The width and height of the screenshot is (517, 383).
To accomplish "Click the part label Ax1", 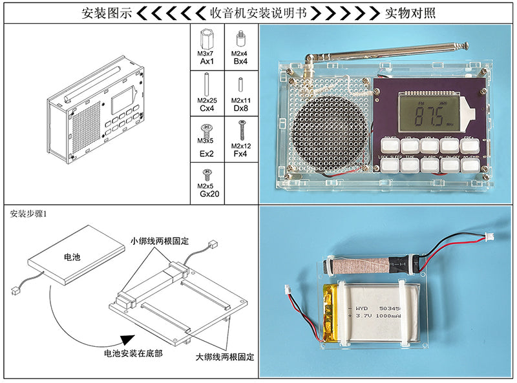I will pyautogui.click(x=207, y=62).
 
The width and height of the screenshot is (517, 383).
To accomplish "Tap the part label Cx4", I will pyautogui.click(x=207, y=109).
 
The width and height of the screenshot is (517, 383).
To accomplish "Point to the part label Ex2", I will pyautogui.click(x=207, y=154).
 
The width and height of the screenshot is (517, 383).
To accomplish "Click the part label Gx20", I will pyautogui.click(x=207, y=194).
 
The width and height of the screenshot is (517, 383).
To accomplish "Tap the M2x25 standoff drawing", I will pyautogui.click(x=207, y=84).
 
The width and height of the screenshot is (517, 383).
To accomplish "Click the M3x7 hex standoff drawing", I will pyautogui.click(x=207, y=36).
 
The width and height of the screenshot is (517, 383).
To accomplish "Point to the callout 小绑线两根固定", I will pyautogui.click(x=159, y=241).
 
